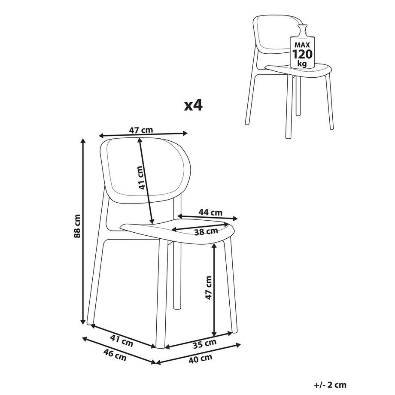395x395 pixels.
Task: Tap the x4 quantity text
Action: point(192,105)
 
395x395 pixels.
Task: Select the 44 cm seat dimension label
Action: point(210,212)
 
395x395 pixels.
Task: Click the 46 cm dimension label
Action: point(115,355)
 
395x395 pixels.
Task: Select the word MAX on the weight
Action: point(303,45)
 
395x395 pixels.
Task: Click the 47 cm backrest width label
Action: point(141,130)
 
